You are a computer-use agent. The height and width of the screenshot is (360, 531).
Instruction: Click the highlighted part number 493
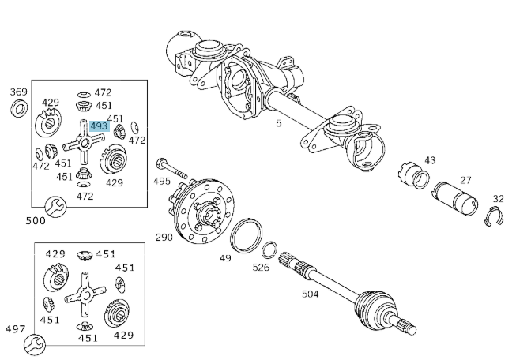pos(99,126)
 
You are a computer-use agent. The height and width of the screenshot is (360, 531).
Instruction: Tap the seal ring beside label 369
pos(17,108)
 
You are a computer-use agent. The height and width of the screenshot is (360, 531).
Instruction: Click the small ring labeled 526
pos(269,249)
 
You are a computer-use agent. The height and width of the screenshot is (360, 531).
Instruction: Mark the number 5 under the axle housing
pos(278,123)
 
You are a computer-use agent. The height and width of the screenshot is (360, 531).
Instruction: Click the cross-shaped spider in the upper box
pos(81,144)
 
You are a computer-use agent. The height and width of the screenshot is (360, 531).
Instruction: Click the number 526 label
pos(261,267)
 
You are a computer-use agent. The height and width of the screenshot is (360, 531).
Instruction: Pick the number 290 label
pos(164,237)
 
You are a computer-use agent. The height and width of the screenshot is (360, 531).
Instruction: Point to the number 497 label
pos(15,329)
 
